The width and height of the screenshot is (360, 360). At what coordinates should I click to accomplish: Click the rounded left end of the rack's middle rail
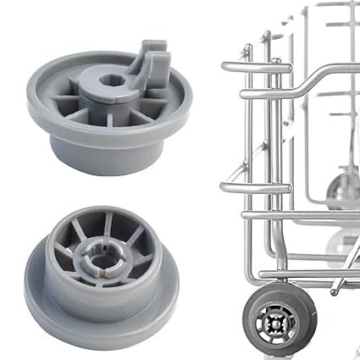224,186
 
